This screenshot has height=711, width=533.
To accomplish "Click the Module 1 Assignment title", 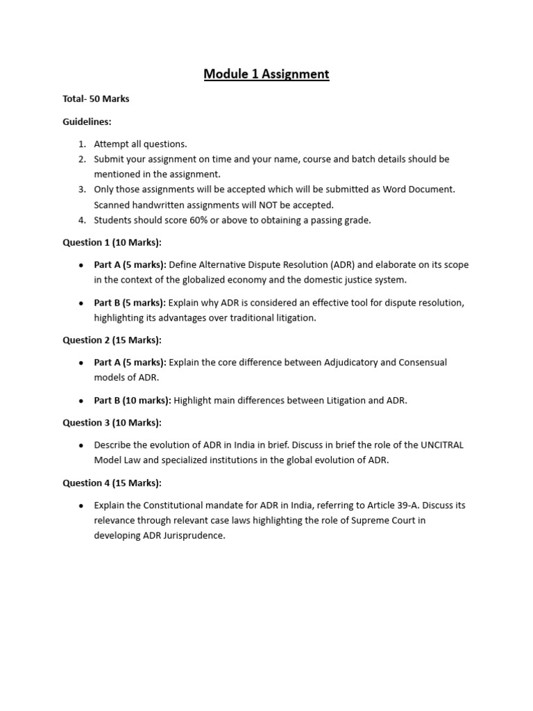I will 266,74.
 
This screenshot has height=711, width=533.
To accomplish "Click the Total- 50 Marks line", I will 96,99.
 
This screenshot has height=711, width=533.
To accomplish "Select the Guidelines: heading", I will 87,122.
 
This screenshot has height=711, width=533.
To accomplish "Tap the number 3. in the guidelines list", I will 81,189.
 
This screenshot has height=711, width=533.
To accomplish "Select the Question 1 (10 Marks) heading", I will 112,242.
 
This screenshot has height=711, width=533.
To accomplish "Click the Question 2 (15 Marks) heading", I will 112,340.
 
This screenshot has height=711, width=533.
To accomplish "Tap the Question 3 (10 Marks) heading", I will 112,422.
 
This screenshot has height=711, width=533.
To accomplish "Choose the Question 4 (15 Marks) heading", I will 112,483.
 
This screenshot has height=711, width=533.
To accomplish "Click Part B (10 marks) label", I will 133,400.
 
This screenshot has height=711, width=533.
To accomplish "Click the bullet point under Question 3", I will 81,445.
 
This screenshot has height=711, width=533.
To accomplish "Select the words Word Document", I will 419,189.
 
